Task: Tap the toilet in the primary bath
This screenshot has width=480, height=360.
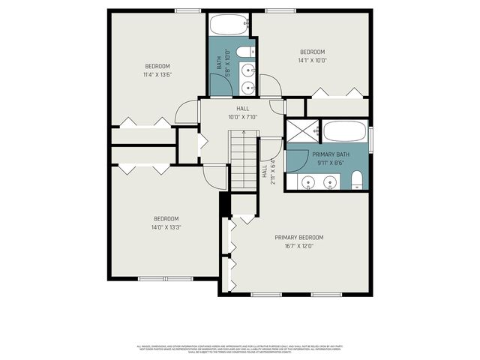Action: (x=357, y=180)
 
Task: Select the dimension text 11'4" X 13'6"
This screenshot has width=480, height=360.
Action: (x=158, y=74)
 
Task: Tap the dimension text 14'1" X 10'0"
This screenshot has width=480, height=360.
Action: (x=312, y=61)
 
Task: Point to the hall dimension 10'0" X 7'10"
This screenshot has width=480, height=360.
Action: (x=242, y=116)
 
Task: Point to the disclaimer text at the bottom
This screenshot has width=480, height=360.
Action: (x=239, y=349)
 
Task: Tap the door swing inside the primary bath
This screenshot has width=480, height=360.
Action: (x=298, y=159)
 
